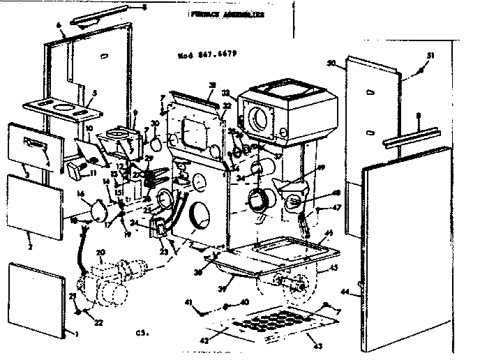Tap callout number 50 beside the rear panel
[332, 63]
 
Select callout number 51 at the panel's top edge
[430, 56]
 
